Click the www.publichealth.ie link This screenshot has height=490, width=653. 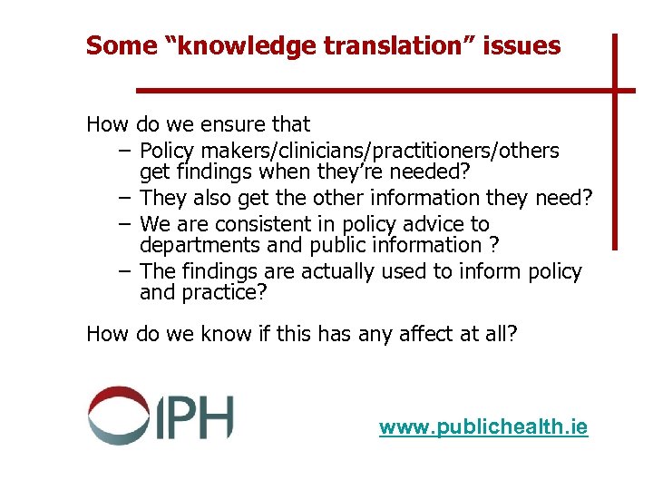(x=483, y=426)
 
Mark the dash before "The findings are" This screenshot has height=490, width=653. (x=123, y=271)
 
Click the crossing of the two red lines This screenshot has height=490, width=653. (x=614, y=90)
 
